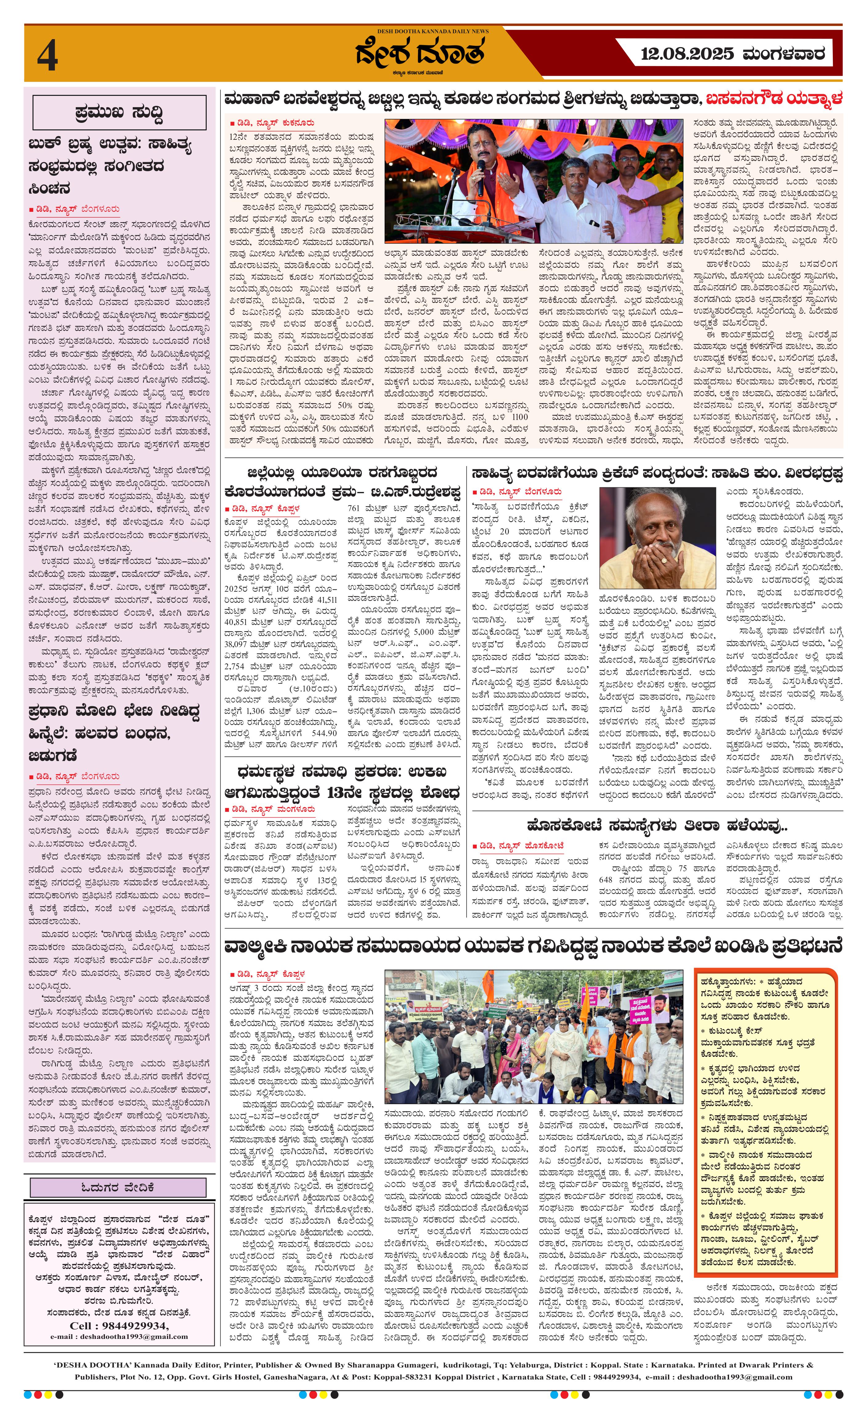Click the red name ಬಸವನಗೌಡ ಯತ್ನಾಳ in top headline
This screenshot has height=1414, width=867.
[x=774, y=99]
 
